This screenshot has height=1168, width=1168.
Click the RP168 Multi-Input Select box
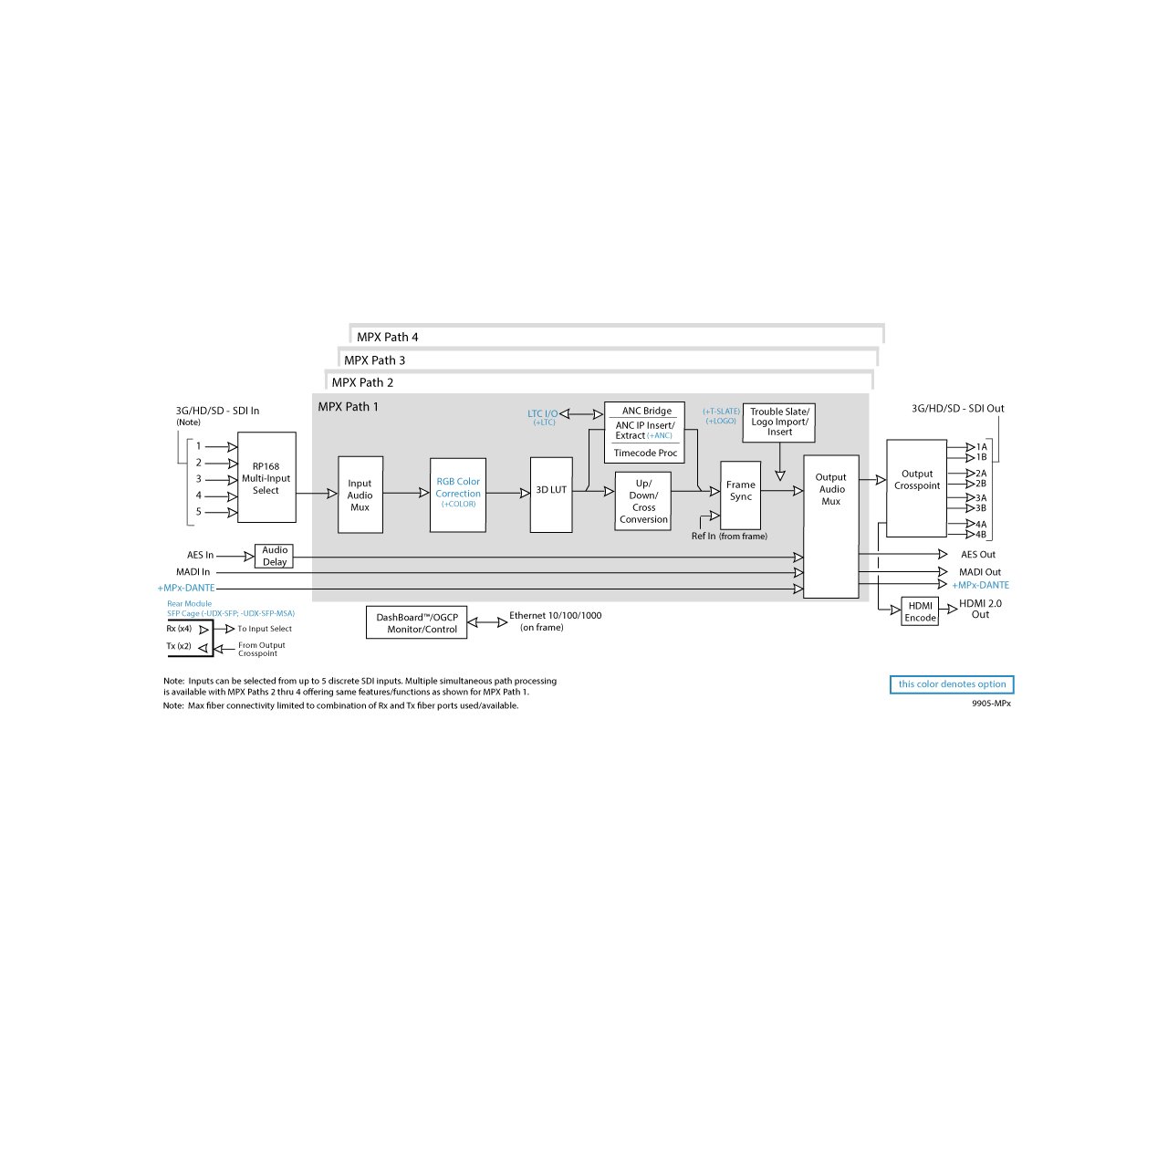(x=266, y=477)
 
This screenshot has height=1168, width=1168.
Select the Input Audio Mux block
(x=360, y=495)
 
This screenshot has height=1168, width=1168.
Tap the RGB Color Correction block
(x=458, y=495)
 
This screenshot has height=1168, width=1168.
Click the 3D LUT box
(x=551, y=495)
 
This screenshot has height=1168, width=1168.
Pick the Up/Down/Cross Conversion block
(x=643, y=501)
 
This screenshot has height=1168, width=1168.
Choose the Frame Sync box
(x=741, y=495)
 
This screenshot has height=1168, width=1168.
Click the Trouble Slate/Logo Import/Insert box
(x=779, y=422)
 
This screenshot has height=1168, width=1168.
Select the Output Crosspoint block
(x=916, y=488)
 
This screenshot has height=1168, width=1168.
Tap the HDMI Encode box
(x=920, y=611)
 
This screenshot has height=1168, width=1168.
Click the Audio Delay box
(x=274, y=556)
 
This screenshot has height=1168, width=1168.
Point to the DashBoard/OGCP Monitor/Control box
(x=416, y=622)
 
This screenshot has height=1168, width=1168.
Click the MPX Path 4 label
(x=387, y=337)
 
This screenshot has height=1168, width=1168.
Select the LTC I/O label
(x=542, y=414)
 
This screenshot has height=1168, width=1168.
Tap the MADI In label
(x=193, y=571)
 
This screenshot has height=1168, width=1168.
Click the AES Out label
(x=977, y=554)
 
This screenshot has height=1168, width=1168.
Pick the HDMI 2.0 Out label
(x=980, y=609)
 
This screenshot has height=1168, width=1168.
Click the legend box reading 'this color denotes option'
(x=952, y=684)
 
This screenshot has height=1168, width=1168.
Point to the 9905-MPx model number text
(x=991, y=704)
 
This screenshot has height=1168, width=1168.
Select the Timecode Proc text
(x=645, y=453)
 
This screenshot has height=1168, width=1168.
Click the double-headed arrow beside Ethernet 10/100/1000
(x=487, y=622)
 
